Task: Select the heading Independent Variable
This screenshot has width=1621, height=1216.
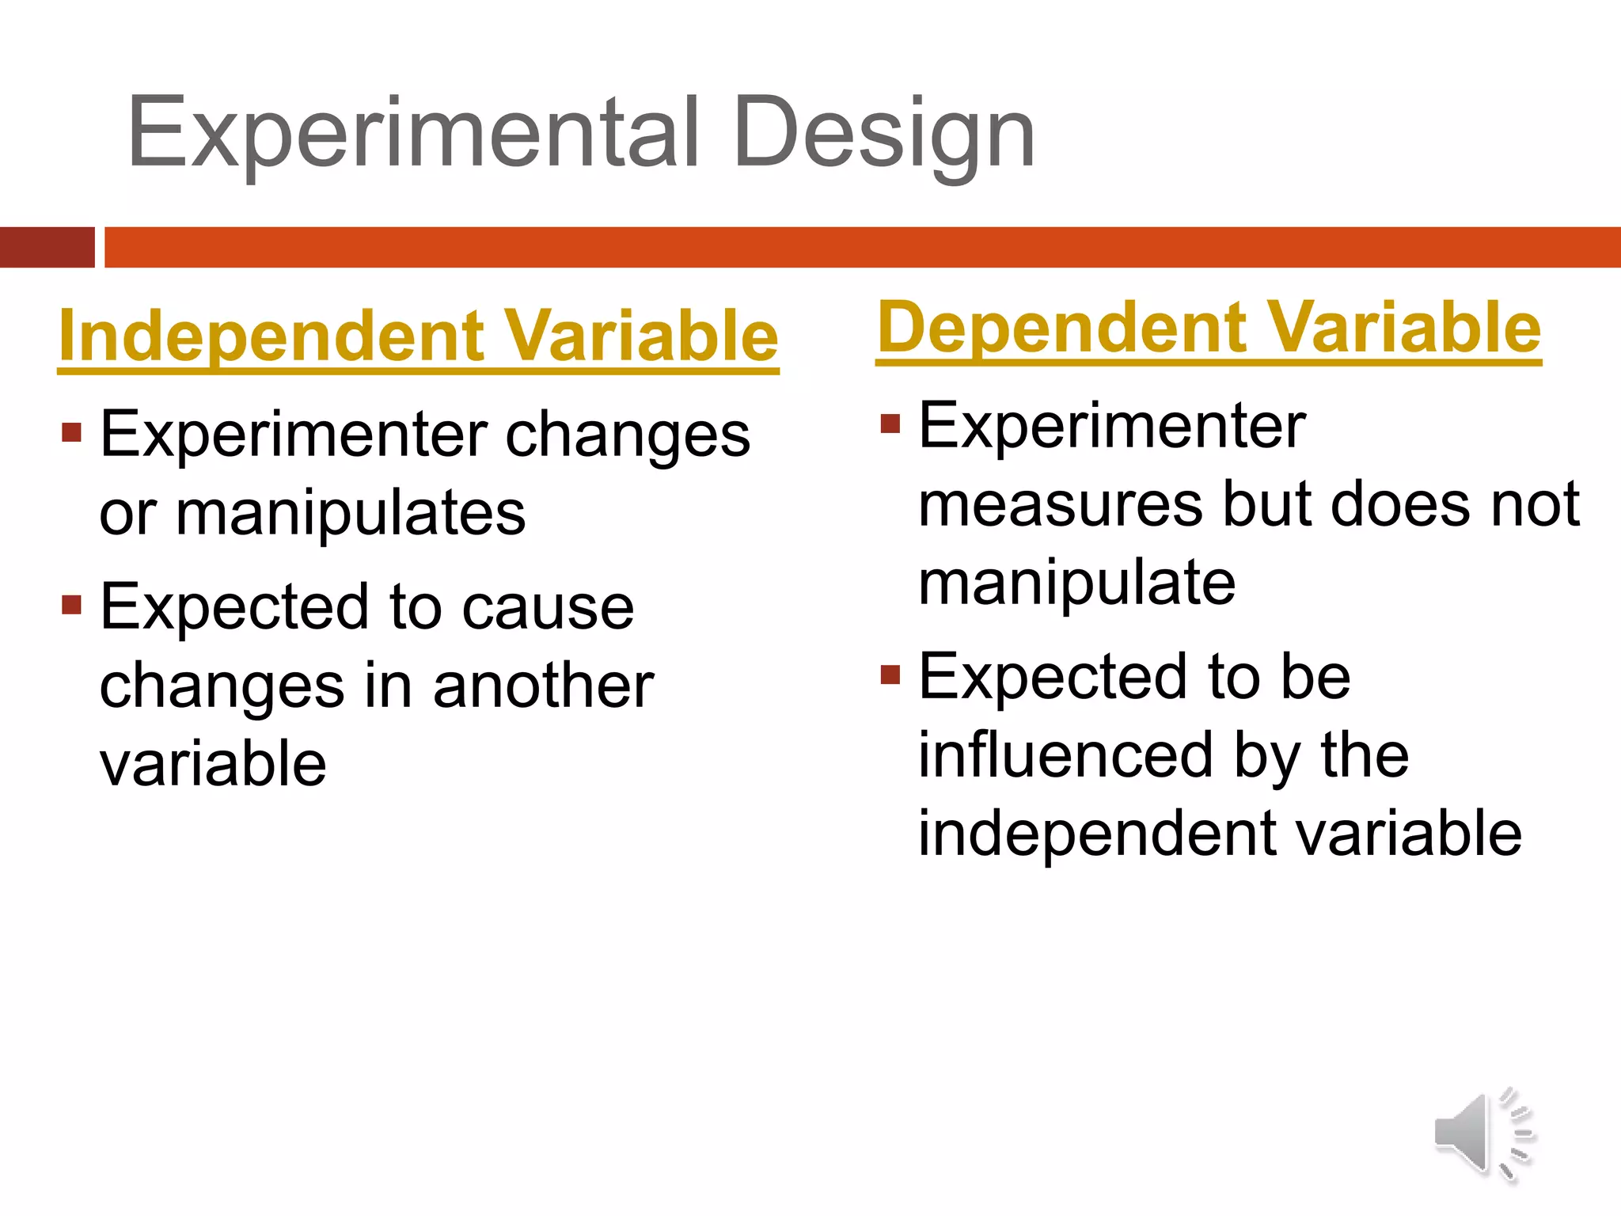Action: point(419,336)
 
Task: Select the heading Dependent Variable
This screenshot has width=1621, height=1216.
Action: point(1209,328)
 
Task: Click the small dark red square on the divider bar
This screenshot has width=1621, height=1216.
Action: point(47,247)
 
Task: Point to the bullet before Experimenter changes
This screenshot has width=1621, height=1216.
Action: point(72,433)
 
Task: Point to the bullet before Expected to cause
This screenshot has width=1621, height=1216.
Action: point(72,606)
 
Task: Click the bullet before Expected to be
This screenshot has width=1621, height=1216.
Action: point(890,674)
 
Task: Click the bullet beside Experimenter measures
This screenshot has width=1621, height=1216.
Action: point(890,424)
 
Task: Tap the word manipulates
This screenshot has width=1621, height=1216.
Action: point(351,513)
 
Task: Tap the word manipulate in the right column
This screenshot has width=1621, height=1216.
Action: point(1076,583)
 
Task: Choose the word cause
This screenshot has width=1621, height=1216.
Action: point(548,607)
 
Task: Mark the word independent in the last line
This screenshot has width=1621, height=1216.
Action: point(1096,834)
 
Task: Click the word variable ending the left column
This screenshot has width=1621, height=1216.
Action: point(213,763)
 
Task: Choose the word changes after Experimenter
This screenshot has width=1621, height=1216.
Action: point(628,435)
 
